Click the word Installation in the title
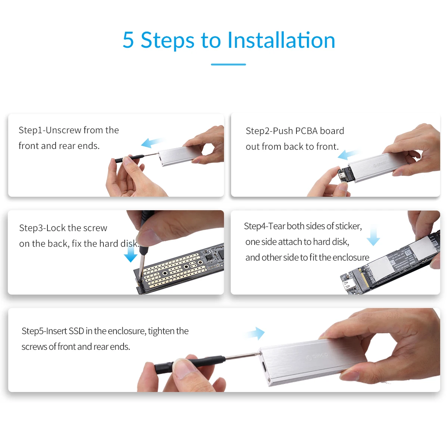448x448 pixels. [281, 40]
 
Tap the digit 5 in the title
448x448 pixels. [128, 40]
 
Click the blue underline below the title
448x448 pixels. [228, 64]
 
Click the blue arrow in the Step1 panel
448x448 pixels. [152, 142]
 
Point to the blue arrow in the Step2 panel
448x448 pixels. [349, 154]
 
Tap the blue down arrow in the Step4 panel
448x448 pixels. [373, 236]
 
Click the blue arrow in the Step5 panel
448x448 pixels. [255, 333]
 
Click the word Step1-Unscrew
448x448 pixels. [50, 130]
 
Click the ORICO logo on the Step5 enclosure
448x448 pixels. [317, 356]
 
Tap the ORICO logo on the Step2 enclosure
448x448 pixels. [379, 164]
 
